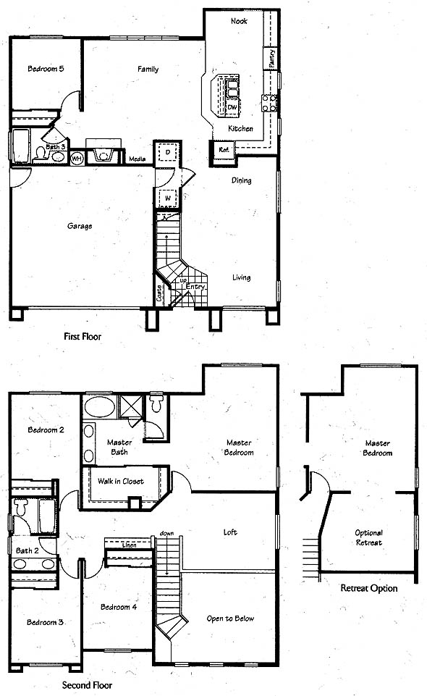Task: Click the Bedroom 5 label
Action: [46, 69]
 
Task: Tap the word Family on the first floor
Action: [148, 70]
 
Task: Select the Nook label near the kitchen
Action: [239, 21]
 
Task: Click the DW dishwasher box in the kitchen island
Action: [232, 107]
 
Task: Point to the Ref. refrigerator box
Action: [224, 150]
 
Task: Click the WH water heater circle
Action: [77, 158]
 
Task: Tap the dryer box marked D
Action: [168, 152]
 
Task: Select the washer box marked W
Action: [168, 198]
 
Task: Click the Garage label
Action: [80, 226]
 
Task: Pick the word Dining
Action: [241, 180]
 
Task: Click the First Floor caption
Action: [83, 337]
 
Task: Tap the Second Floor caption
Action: [88, 685]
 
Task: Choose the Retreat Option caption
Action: [369, 588]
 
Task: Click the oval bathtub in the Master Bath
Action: [100, 407]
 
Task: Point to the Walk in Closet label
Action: [121, 481]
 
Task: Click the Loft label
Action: [230, 532]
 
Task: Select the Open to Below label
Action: [230, 619]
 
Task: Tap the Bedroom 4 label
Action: [119, 607]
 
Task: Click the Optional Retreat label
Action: [369, 537]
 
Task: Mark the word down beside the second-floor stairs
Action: [166, 533]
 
